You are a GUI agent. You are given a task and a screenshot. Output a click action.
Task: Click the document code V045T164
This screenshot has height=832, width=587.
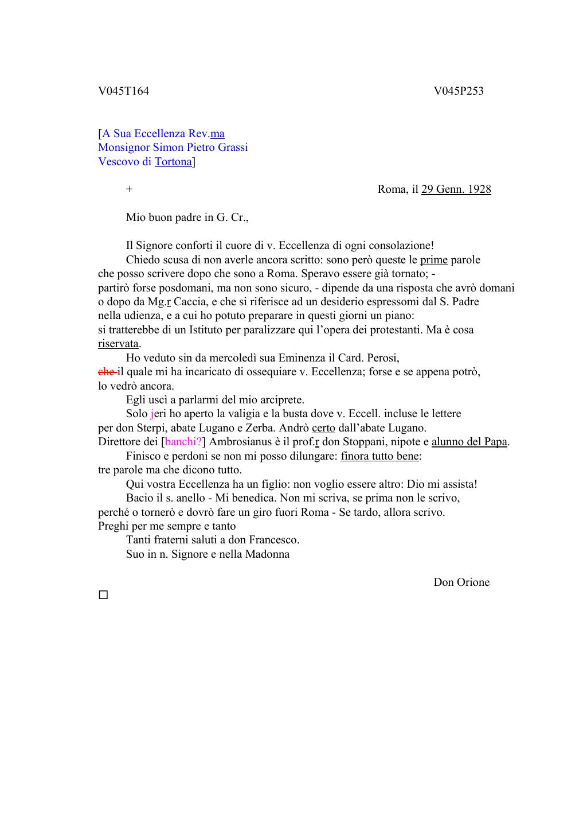(x=123, y=91)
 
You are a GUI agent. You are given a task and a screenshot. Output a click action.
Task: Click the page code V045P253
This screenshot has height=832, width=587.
(x=459, y=91)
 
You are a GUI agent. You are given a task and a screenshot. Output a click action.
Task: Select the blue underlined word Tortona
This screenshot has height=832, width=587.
(x=173, y=161)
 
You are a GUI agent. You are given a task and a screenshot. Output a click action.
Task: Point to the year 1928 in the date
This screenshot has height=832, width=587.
(x=479, y=189)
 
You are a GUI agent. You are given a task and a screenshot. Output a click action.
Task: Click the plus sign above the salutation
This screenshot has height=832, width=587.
(x=129, y=189)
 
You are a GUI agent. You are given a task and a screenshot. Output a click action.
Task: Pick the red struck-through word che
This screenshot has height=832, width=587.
(x=106, y=372)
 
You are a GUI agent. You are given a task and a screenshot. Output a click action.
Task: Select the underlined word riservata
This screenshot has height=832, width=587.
(x=118, y=344)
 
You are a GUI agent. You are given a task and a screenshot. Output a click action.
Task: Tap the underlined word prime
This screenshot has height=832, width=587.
(x=433, y=260)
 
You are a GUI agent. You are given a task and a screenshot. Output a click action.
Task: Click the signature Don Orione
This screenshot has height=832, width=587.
(x=461, y=582)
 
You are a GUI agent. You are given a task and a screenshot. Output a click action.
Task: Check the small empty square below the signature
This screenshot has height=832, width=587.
(x=103, y=595)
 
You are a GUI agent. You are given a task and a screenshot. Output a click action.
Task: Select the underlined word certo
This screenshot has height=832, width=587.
(x=323, y=427)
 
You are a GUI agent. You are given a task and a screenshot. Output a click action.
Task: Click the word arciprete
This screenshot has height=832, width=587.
(x=280, y=400)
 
